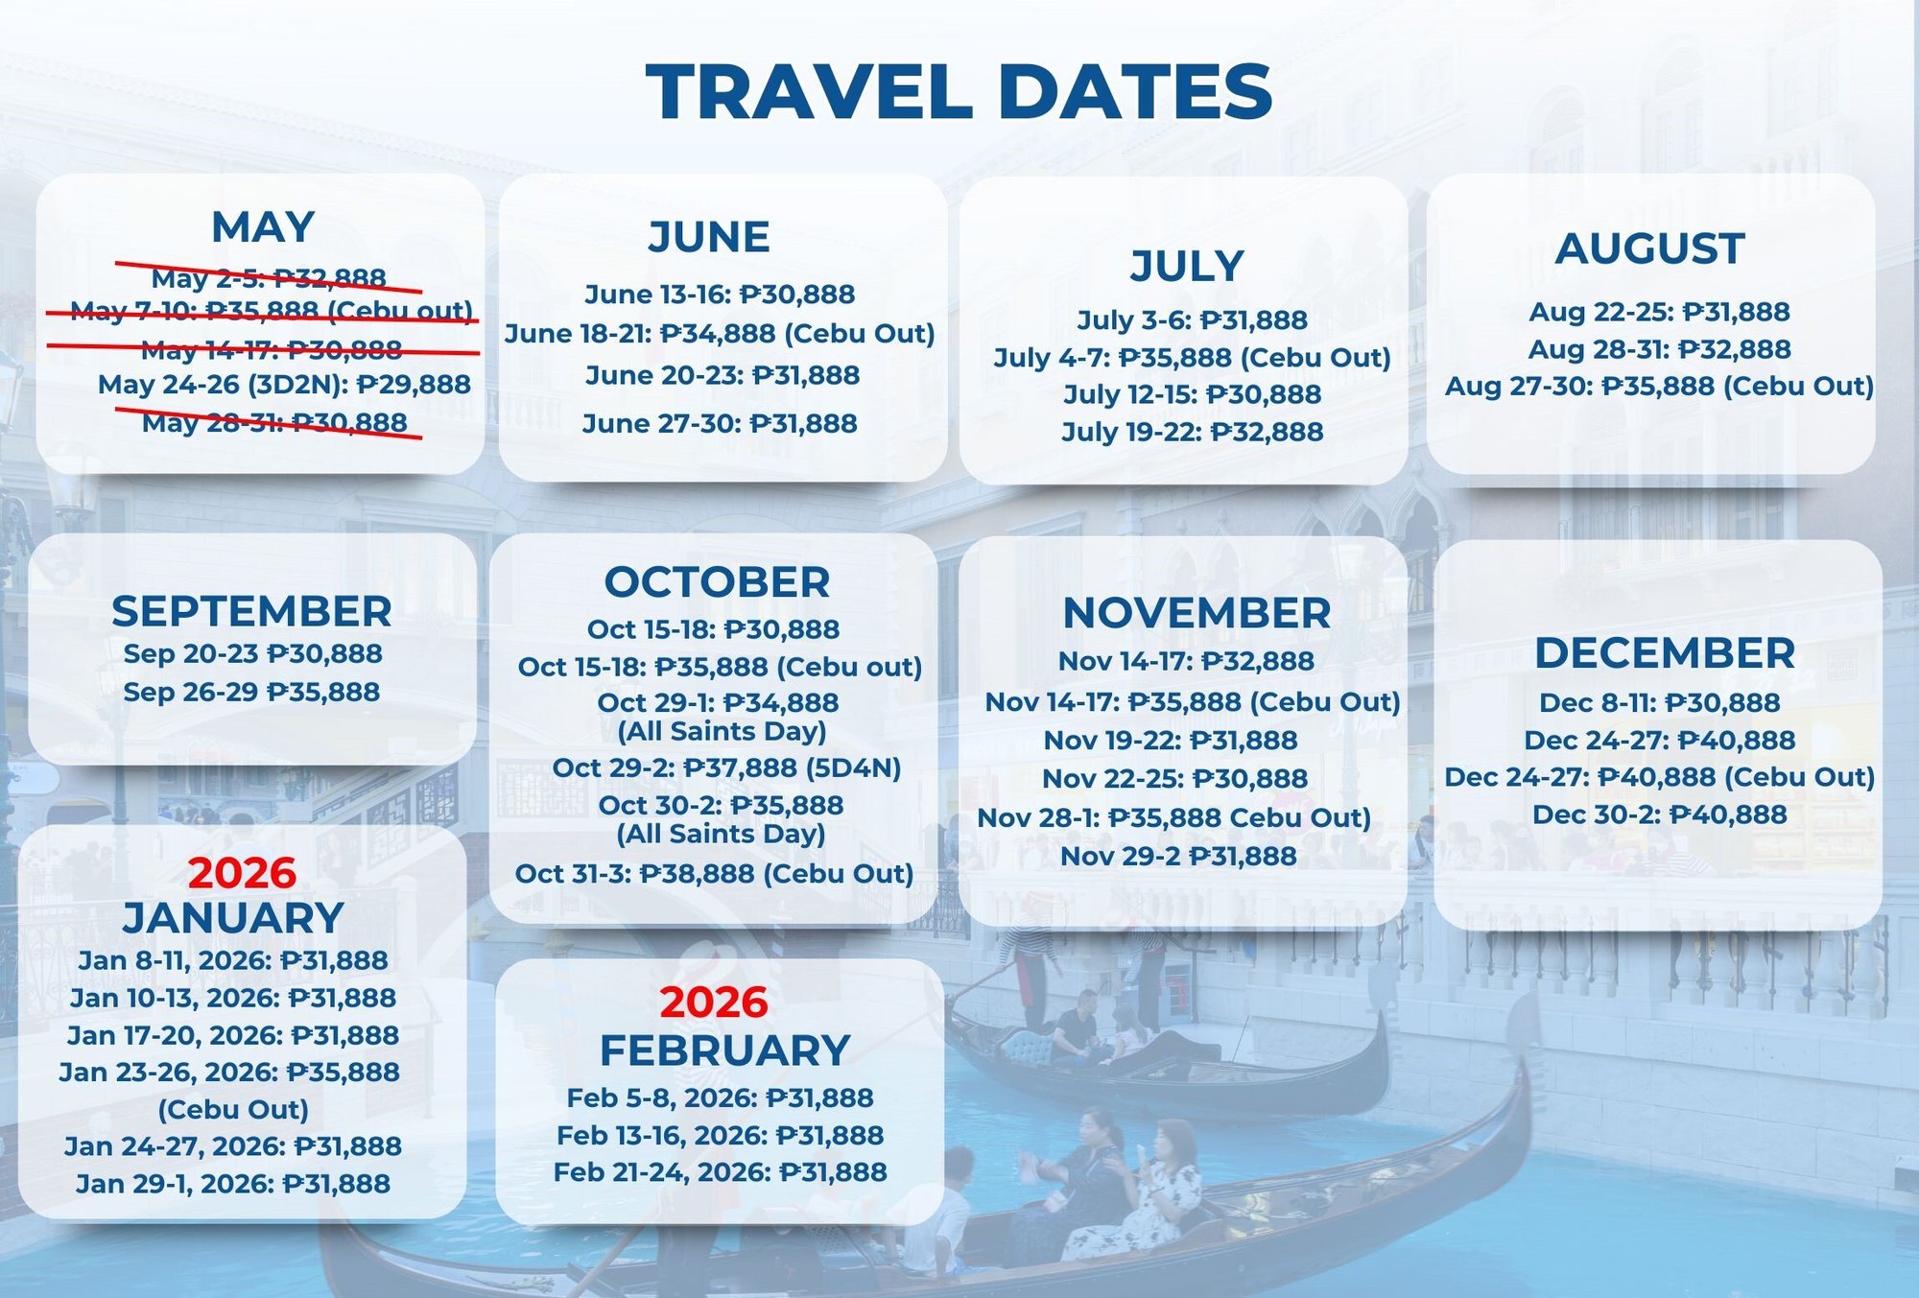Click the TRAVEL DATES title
(x=959, y=91)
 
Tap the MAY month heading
(x=263, y=227)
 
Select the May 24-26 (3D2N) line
(x=284, y=385)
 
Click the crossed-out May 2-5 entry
(x=269, y=277)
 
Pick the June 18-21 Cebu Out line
(x=720, y=333)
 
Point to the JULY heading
(x=1187, y=266)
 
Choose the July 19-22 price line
(x=1193, y=432)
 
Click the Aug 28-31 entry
(x=1660, y=349)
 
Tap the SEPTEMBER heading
(x=251, y=611)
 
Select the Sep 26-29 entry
(x=251, y=692)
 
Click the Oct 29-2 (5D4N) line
(x=726, y=767)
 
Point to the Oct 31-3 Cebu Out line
(x=714, y=874)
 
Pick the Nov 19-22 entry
(x=1171, y=741)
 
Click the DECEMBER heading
(x=1665, y=653)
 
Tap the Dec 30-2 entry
(x=1660, y=814)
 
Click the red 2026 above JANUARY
(x=242, y=873)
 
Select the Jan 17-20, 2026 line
(x=233, y=1035)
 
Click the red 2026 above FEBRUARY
(x=714, y=1003)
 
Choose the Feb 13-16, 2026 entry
(x=721, y=1136)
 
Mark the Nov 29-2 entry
(x=1178, y=856)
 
